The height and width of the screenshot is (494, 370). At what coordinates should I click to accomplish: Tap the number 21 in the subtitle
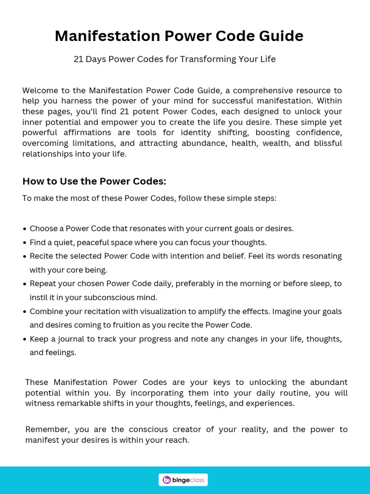[x=79, y=59]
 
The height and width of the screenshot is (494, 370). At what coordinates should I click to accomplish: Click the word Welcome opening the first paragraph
[x=40, y=90]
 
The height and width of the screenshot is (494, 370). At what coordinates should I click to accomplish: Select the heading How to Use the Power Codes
[x=94, y=181]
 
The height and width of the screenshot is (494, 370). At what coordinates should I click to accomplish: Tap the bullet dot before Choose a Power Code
[x=25, y=229]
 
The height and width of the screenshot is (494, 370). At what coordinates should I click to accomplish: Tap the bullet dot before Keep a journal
[x=25, y=339]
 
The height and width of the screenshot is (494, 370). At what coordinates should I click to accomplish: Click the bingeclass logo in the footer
[x=183, y=480]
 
